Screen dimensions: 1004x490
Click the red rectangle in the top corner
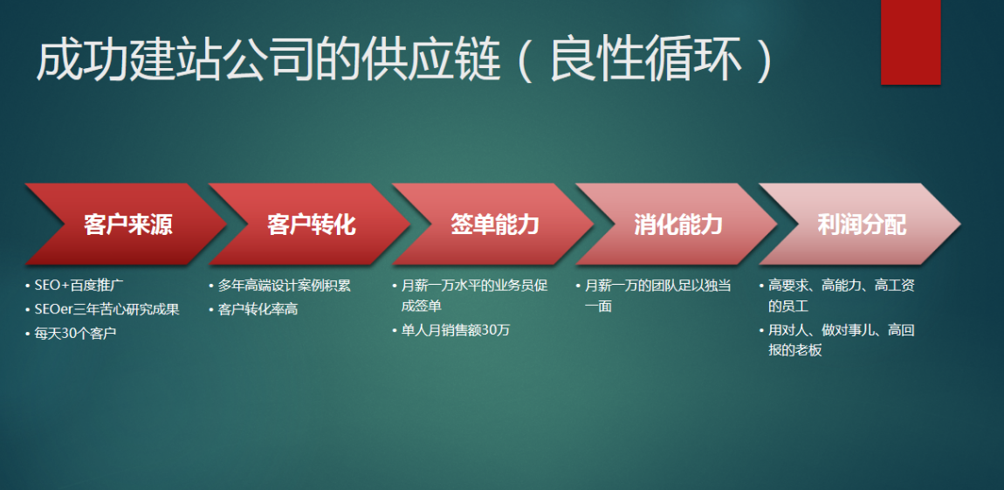911,42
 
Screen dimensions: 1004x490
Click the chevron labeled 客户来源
126,224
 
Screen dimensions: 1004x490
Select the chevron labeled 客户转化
310,224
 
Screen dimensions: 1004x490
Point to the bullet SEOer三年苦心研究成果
107,309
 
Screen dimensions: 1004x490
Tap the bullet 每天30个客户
75,333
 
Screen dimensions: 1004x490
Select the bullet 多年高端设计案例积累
285,286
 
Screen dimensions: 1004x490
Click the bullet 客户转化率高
258,309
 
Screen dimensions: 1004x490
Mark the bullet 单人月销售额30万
456,330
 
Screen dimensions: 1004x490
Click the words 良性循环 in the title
647,62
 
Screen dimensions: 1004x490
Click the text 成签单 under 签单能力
422,307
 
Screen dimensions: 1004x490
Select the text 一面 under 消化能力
598,307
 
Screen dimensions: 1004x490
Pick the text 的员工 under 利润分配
788,307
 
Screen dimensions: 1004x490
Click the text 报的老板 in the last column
794,350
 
